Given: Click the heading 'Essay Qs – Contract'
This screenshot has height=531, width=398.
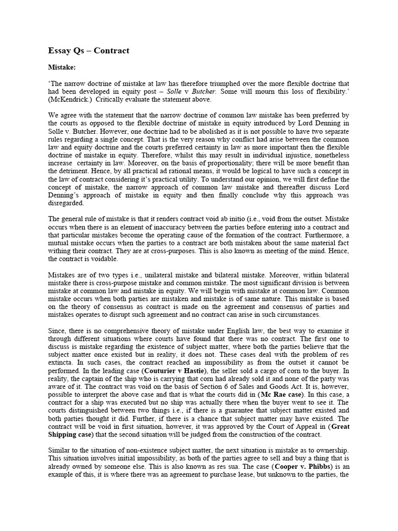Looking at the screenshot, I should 89,50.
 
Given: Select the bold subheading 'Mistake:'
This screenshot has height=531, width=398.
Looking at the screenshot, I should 62,67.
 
